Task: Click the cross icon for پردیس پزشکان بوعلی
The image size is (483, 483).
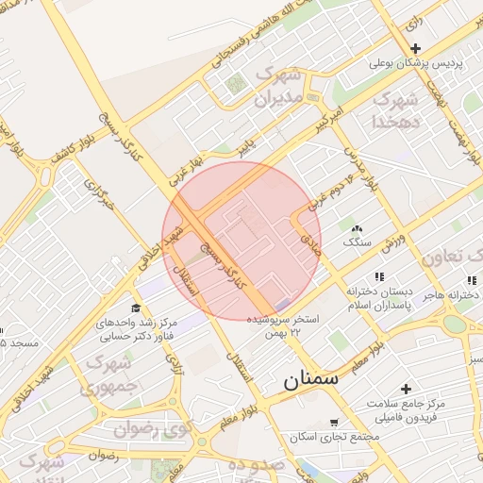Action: [x=415, y=48]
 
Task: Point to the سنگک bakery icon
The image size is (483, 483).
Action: [x=357, y=229]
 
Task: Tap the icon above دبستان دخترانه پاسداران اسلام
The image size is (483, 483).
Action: [x=379, y=276]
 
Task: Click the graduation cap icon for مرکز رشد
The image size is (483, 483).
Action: [x=136, y=308]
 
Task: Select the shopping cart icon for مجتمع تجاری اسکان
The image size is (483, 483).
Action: [x=333, y=423]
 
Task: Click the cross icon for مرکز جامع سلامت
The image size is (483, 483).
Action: [x=407, y=389]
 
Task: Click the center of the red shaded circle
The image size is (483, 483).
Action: [x=241, y=241]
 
